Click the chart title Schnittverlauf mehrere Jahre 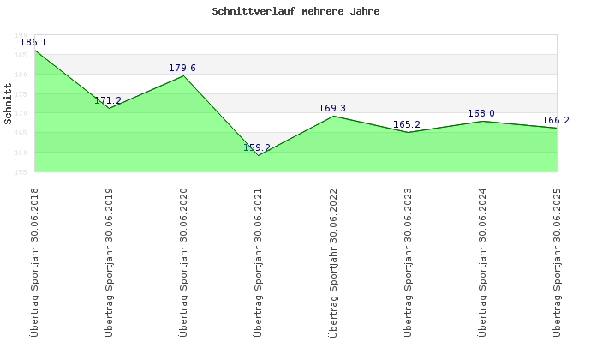[x=295, y=12]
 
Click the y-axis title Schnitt [x=8, y=104]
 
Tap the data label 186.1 [x=33, y=42]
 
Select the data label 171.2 [x=108, y=100]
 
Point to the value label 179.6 [x=182, y=68]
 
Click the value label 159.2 [x=257, y=147]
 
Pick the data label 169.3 [x=332, y=108]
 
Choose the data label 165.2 [x=407, y=124]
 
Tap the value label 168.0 [x=481, y=113]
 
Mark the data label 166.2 [x=556, y=120]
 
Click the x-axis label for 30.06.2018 [x=34, y=261]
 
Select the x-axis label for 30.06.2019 [x=109, y=261]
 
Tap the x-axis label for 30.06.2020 [x=183, y=261]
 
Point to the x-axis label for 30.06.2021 [x=258, y=261]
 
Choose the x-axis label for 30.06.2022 [x=332, y=261]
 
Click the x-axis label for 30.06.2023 [x=407, y=261]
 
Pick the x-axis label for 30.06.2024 [x=481, y=261]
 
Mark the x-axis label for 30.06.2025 [x=556, y=261]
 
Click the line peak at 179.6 [x=183, y=76]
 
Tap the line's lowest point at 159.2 [x=258, y=155]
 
